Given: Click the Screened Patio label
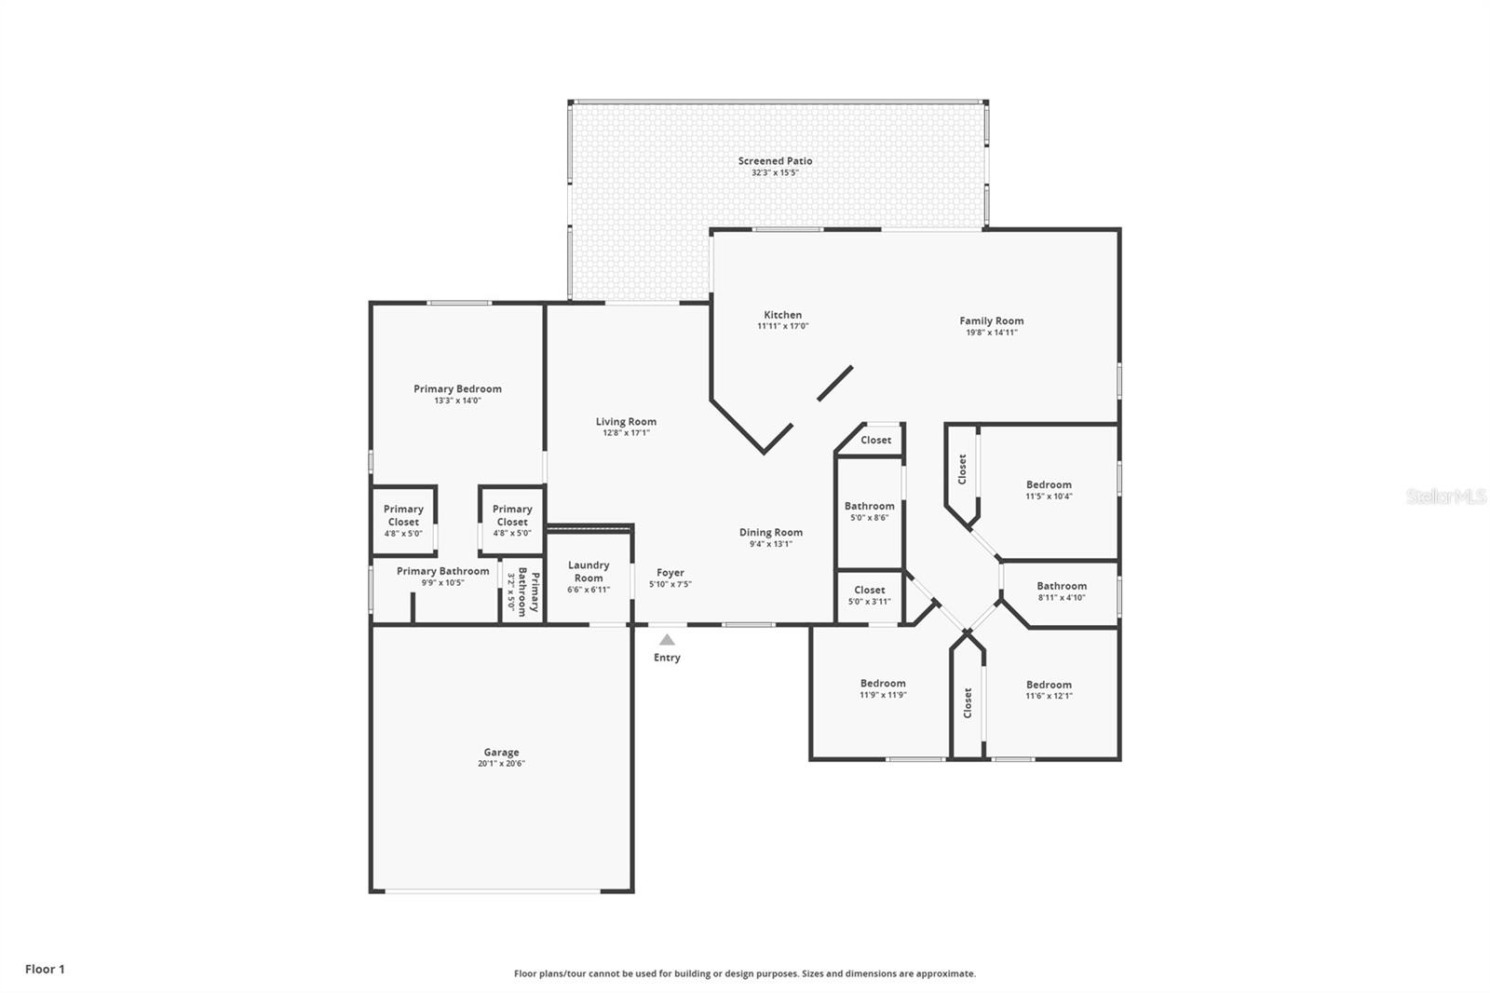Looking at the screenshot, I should pyautogui.click(x=775, y=161).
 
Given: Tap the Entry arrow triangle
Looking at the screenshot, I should pyautogui.click(x=667, y=640).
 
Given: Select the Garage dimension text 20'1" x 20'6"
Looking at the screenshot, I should pyautogui.click(x=501, y=764).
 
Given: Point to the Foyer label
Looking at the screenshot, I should pyautogui.click(x=670, y=573).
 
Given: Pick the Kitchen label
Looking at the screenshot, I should pyautogui.click(x=782, y=315).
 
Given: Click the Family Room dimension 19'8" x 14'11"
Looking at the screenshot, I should pyautogui.click(x=991, y=333).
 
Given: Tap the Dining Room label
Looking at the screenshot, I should pyautogui.click(x=771, y=533).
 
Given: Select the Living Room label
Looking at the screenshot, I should pyautogui.click(x=626, y=422).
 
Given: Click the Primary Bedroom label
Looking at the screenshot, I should pyautogui.click(x=457, y=389).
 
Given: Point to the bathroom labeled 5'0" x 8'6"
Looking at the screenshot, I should pyautogui.click(x=869, y=511).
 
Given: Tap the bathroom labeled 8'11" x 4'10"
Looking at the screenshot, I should pyautogui.click(x=1062, y=592).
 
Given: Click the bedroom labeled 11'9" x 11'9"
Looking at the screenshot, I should pyautogui.click(x=883, y=688).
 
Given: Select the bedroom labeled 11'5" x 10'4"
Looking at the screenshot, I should pyautogui.click(x=1049, y=490).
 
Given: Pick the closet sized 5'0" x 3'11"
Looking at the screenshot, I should pyautogui.click(x=869, y=595).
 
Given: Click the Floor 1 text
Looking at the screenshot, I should pyautogui.click(x=45, y=969).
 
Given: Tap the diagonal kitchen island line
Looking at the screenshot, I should pyautogui.click(x=835, y=383).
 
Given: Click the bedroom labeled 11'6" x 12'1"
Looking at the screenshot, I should pyautogui.click(x=1049, y=689).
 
